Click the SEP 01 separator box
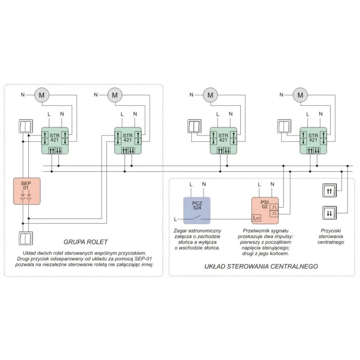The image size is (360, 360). pyautogui.click(x=27, y=191)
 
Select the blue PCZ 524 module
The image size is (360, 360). pyautogui.click(x=197, y=210)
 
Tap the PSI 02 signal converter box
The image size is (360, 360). pyautogui.click(x=265, y=210)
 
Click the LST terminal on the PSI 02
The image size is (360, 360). pyautogui.click(x=257, y=218)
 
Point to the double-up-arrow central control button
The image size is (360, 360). pyautogui.click(x=330, y=191)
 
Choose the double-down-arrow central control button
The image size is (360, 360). pyautogui.click(x=330, y=213)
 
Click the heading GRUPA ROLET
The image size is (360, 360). pyautogui.click(x=85, y=242)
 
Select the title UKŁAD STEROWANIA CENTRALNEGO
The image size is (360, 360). pyautogui.click(x=261, y=266)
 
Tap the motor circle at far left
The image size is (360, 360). pyautogui.click(x=42, y=95)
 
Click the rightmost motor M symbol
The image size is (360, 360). pyautogui.click(x=300, y=95)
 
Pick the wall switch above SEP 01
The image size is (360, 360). pyautogui.click(x=26, y=126)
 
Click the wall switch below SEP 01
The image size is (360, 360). pyautogui.click(x=26, y=238)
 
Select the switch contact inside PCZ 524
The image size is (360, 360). pyautogui.click(x=197, y=218)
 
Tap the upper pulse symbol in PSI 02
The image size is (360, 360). pyautogui.click(x=274, y=207)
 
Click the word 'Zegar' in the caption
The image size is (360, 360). pyautogui.click(x=180, y=231)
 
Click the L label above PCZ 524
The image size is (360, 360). pyautogui.click(x=191, y=184)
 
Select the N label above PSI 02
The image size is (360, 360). pyautogui.click(x=272, y=184)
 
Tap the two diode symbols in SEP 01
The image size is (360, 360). pyautogui.click(x=26, y=197)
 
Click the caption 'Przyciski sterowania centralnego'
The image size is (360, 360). pyautogui.click(x=331, y=237)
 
